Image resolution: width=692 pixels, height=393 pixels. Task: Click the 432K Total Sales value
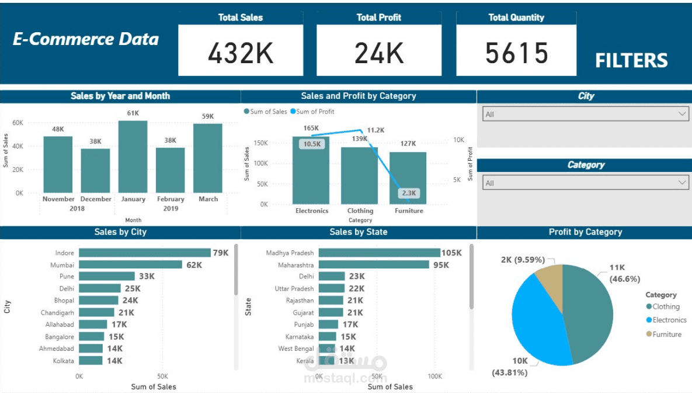[241, 53]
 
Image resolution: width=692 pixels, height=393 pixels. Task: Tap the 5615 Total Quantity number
[517, 53]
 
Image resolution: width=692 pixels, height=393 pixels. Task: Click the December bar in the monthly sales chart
[95, 170]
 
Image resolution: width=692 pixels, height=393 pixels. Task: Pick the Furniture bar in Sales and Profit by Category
[408, 178]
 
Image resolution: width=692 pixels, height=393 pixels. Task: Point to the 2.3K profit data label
[409, 193]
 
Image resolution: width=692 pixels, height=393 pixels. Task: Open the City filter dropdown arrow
[683, 114]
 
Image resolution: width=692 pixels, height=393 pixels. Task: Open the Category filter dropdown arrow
[683, 183]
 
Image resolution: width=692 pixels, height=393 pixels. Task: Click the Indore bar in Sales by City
[144, 253]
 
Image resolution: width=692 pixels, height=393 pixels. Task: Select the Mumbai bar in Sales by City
[130, 265]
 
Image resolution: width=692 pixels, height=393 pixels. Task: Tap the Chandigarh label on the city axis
[57, 313]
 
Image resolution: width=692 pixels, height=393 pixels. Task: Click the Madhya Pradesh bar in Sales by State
[379, 253]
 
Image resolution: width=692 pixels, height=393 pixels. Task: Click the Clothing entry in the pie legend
[666, 306]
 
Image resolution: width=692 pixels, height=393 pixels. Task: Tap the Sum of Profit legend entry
[315, 112]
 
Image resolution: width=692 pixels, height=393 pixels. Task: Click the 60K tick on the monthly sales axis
[18, 123]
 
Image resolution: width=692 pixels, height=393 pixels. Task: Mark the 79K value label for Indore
[221, 253]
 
